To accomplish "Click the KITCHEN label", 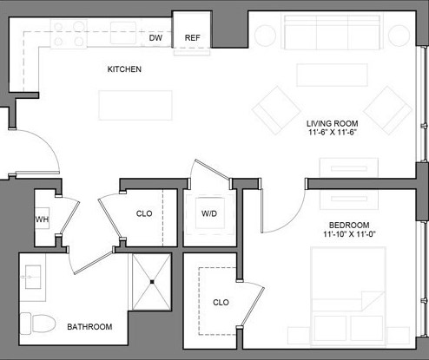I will pyautogui.click(x=124, y=69).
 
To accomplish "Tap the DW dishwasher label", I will pyautogui.click(x=156, y=38).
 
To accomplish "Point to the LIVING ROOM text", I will pyautogui.click(x=333, y=122).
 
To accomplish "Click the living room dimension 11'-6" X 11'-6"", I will pyautogui.click(x=333, y=133).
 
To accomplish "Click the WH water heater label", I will pyautogui.click(x=42, y=220).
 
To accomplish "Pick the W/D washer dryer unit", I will pyautogui.click(x=208, y=213).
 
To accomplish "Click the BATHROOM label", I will pyautogui.click(x=90, y=327).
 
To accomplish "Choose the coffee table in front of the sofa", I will pyautogui.click(x=332, y=75).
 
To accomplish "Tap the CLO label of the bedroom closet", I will pyautogui.click(x=221, y=303).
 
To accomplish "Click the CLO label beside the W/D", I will pyautogui.click(x=144, y=213).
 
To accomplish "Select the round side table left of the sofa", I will pyautogui.click(x=264, y=35).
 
